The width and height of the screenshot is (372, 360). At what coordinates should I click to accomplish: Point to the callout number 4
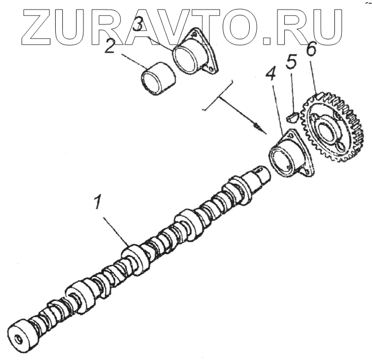[271, 75]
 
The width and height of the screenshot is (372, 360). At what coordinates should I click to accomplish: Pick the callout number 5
[291, 62]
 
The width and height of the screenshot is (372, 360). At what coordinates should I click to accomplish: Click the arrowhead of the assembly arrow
[258, 127]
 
